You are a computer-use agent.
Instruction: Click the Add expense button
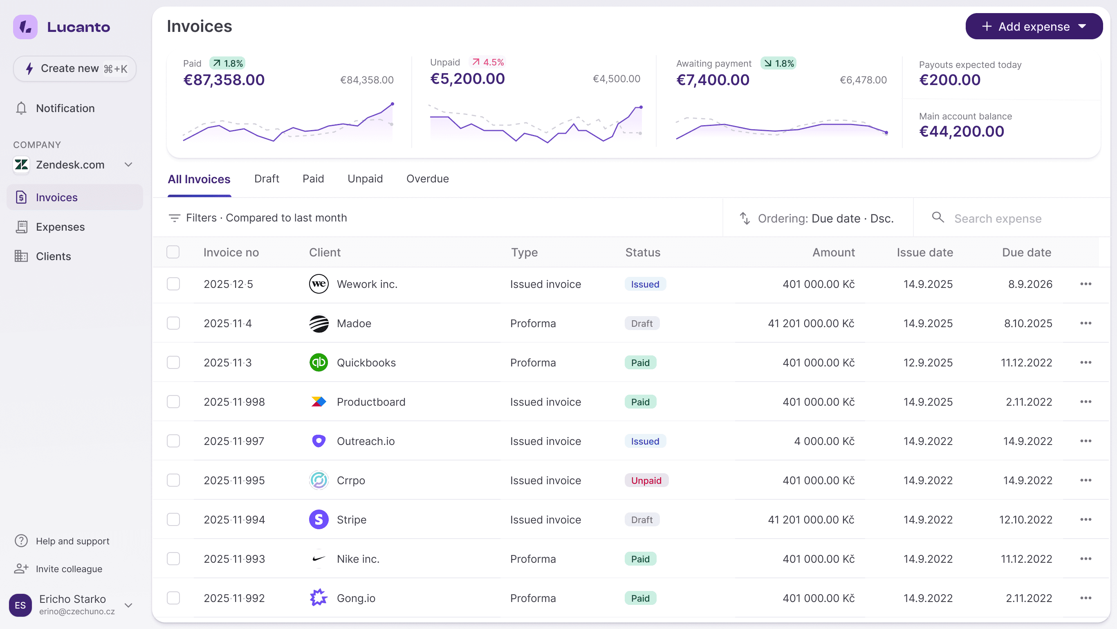pos(1033,27)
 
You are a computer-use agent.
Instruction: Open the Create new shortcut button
pos(75,69)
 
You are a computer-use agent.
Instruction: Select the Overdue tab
pos(427,179)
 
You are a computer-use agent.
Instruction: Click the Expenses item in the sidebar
pos(60,227)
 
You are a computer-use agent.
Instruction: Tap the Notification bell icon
pos(21,108)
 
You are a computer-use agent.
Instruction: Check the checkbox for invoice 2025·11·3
pos(173,363)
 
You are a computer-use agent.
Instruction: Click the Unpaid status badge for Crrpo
pos(646,480)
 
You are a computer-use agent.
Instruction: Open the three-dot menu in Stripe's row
pos(1086,520)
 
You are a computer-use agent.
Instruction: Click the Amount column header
pos(833,252)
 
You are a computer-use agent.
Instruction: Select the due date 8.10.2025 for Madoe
pos(1028,323)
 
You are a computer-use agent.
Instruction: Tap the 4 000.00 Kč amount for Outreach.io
pos(824,441)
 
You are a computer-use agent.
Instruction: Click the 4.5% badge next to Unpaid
pos(488,63)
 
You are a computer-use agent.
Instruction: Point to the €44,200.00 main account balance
pos(961,131)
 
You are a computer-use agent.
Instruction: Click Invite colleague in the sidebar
pos(69,569)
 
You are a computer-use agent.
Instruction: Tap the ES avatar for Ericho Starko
pos(20,605)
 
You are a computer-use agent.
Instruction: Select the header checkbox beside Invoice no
pos(173,252)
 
